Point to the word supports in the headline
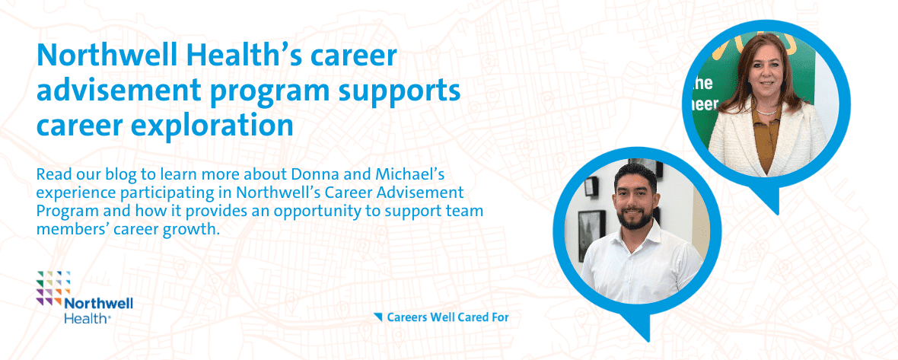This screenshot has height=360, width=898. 406,91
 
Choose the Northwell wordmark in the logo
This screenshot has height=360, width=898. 98,304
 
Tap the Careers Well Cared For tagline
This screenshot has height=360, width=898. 447,317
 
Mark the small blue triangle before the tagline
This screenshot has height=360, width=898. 377,316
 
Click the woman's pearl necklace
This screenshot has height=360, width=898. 766,111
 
